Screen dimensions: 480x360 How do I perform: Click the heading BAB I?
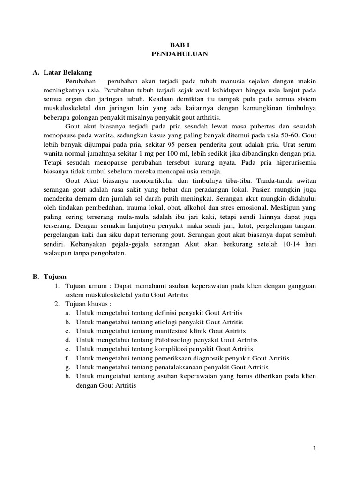[x=180, y=45]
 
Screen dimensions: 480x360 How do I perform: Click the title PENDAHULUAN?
[x=180, y=54]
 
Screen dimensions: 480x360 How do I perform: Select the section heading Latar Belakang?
[x=68, y=73]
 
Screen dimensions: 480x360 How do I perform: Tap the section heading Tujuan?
[x=54, y=277]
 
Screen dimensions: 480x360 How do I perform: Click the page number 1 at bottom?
[x=315, y=449]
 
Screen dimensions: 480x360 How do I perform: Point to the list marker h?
[x=67, y=376]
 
